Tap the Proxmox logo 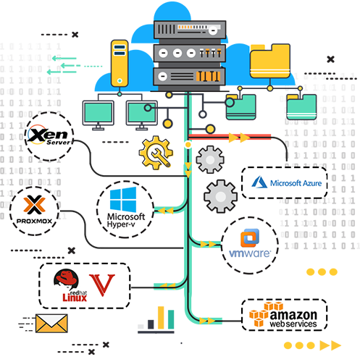(x=34, y=209)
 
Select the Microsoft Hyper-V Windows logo (x=123, y=199)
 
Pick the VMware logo (x=250, y=243)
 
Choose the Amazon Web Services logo (x=283, y=315)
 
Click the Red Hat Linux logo (x=70, y=285)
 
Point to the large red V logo (x=102, y=285)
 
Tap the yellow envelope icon (x=51, y=324)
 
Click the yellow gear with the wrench (x=156, y=153)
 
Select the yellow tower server (x=120, y=64)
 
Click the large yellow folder (x=270, y=61)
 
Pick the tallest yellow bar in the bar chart (x=161, y=318)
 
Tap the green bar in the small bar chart (x=171, y=319)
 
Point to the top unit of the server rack (x=190, y=30)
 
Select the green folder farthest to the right (x=301, y=107)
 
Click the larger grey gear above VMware (x=220, y=196)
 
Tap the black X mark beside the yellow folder (x=330, y=59)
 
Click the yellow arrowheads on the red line (x=239, y=138)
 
